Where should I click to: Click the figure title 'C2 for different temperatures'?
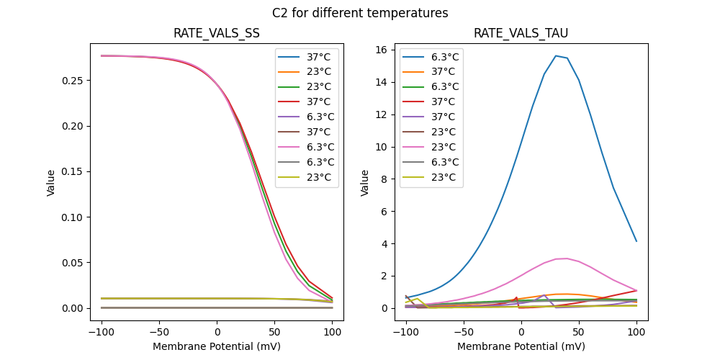tap(360, 13)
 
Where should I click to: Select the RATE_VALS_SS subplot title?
tap(217, 34)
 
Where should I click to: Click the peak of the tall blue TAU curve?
tap(556, 55)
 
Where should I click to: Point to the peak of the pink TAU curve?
tap(567, 258)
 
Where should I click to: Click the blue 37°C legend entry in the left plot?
tap(306, 56)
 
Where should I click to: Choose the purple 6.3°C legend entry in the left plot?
tap(306, 117)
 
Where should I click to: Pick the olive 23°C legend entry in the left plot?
tap(306, 177)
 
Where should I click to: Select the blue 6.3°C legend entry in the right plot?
tap(431, 56)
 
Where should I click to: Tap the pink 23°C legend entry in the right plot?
tap(431, 147)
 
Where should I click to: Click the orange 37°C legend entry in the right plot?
tap(431, 71)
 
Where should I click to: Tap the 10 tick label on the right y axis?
tap(381, 147)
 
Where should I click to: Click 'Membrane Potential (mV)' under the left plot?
tap(217, 346)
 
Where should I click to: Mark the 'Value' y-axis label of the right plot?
tap(365, 183)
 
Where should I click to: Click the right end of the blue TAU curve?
tap(636, 240)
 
